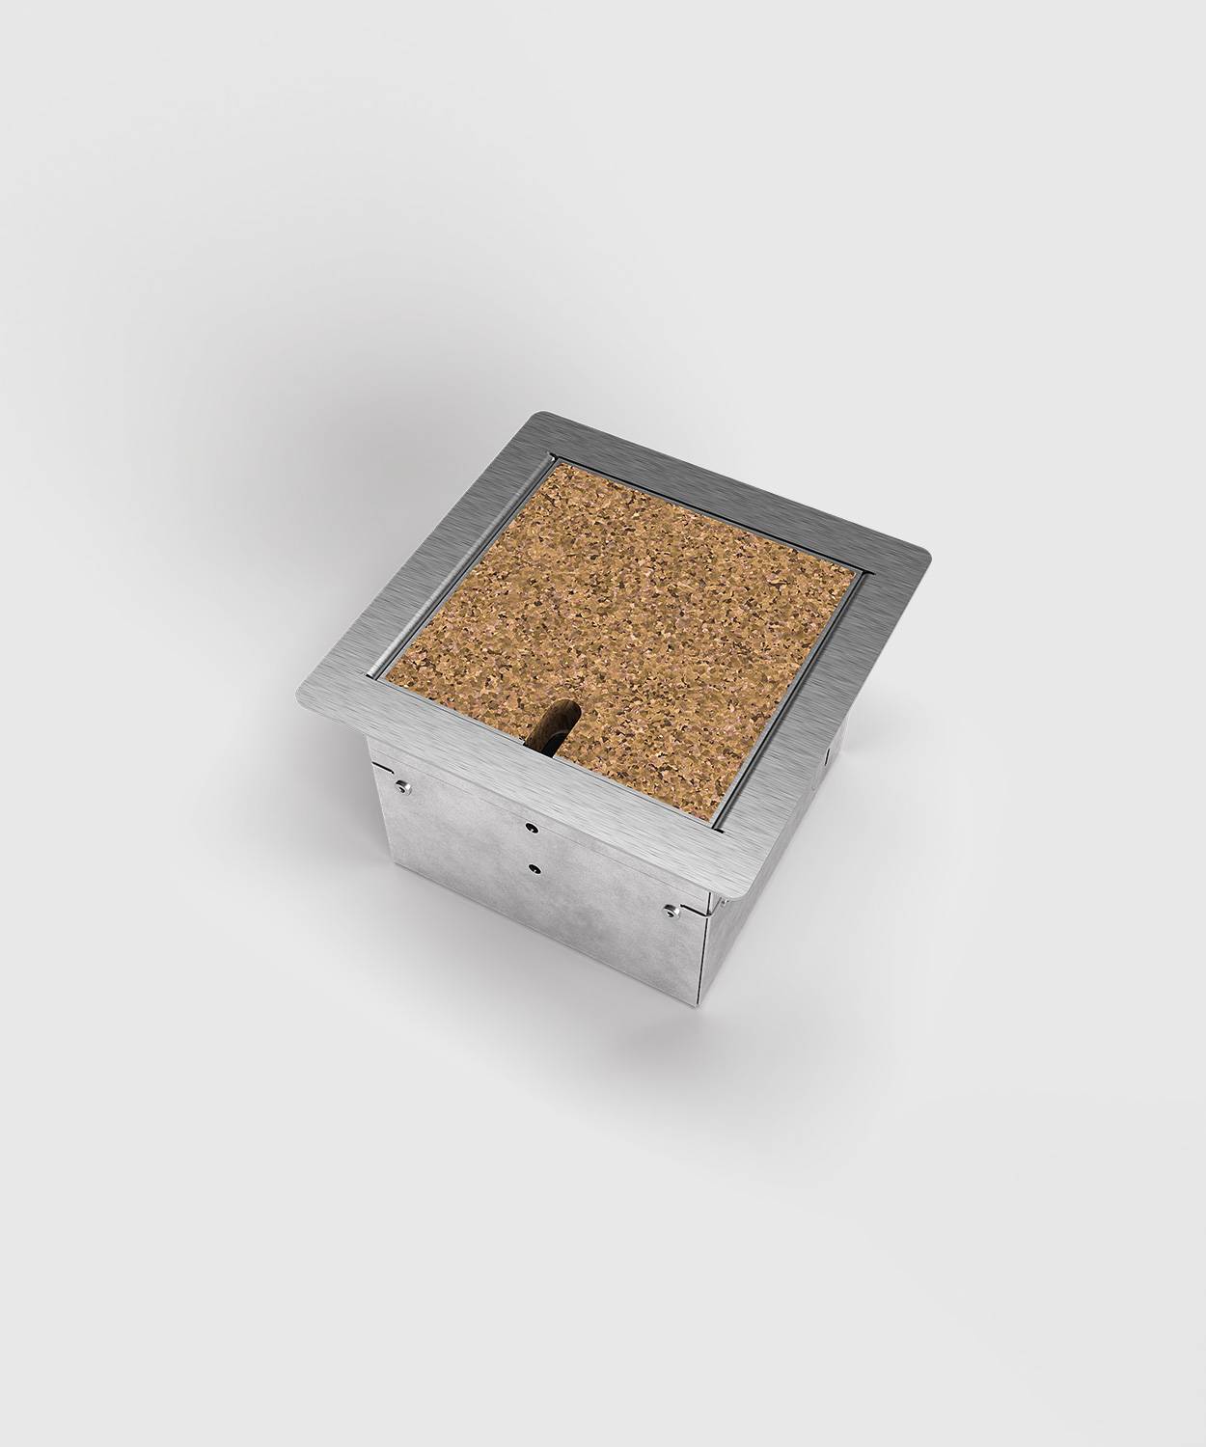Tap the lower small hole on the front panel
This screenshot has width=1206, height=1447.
(534, 867)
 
